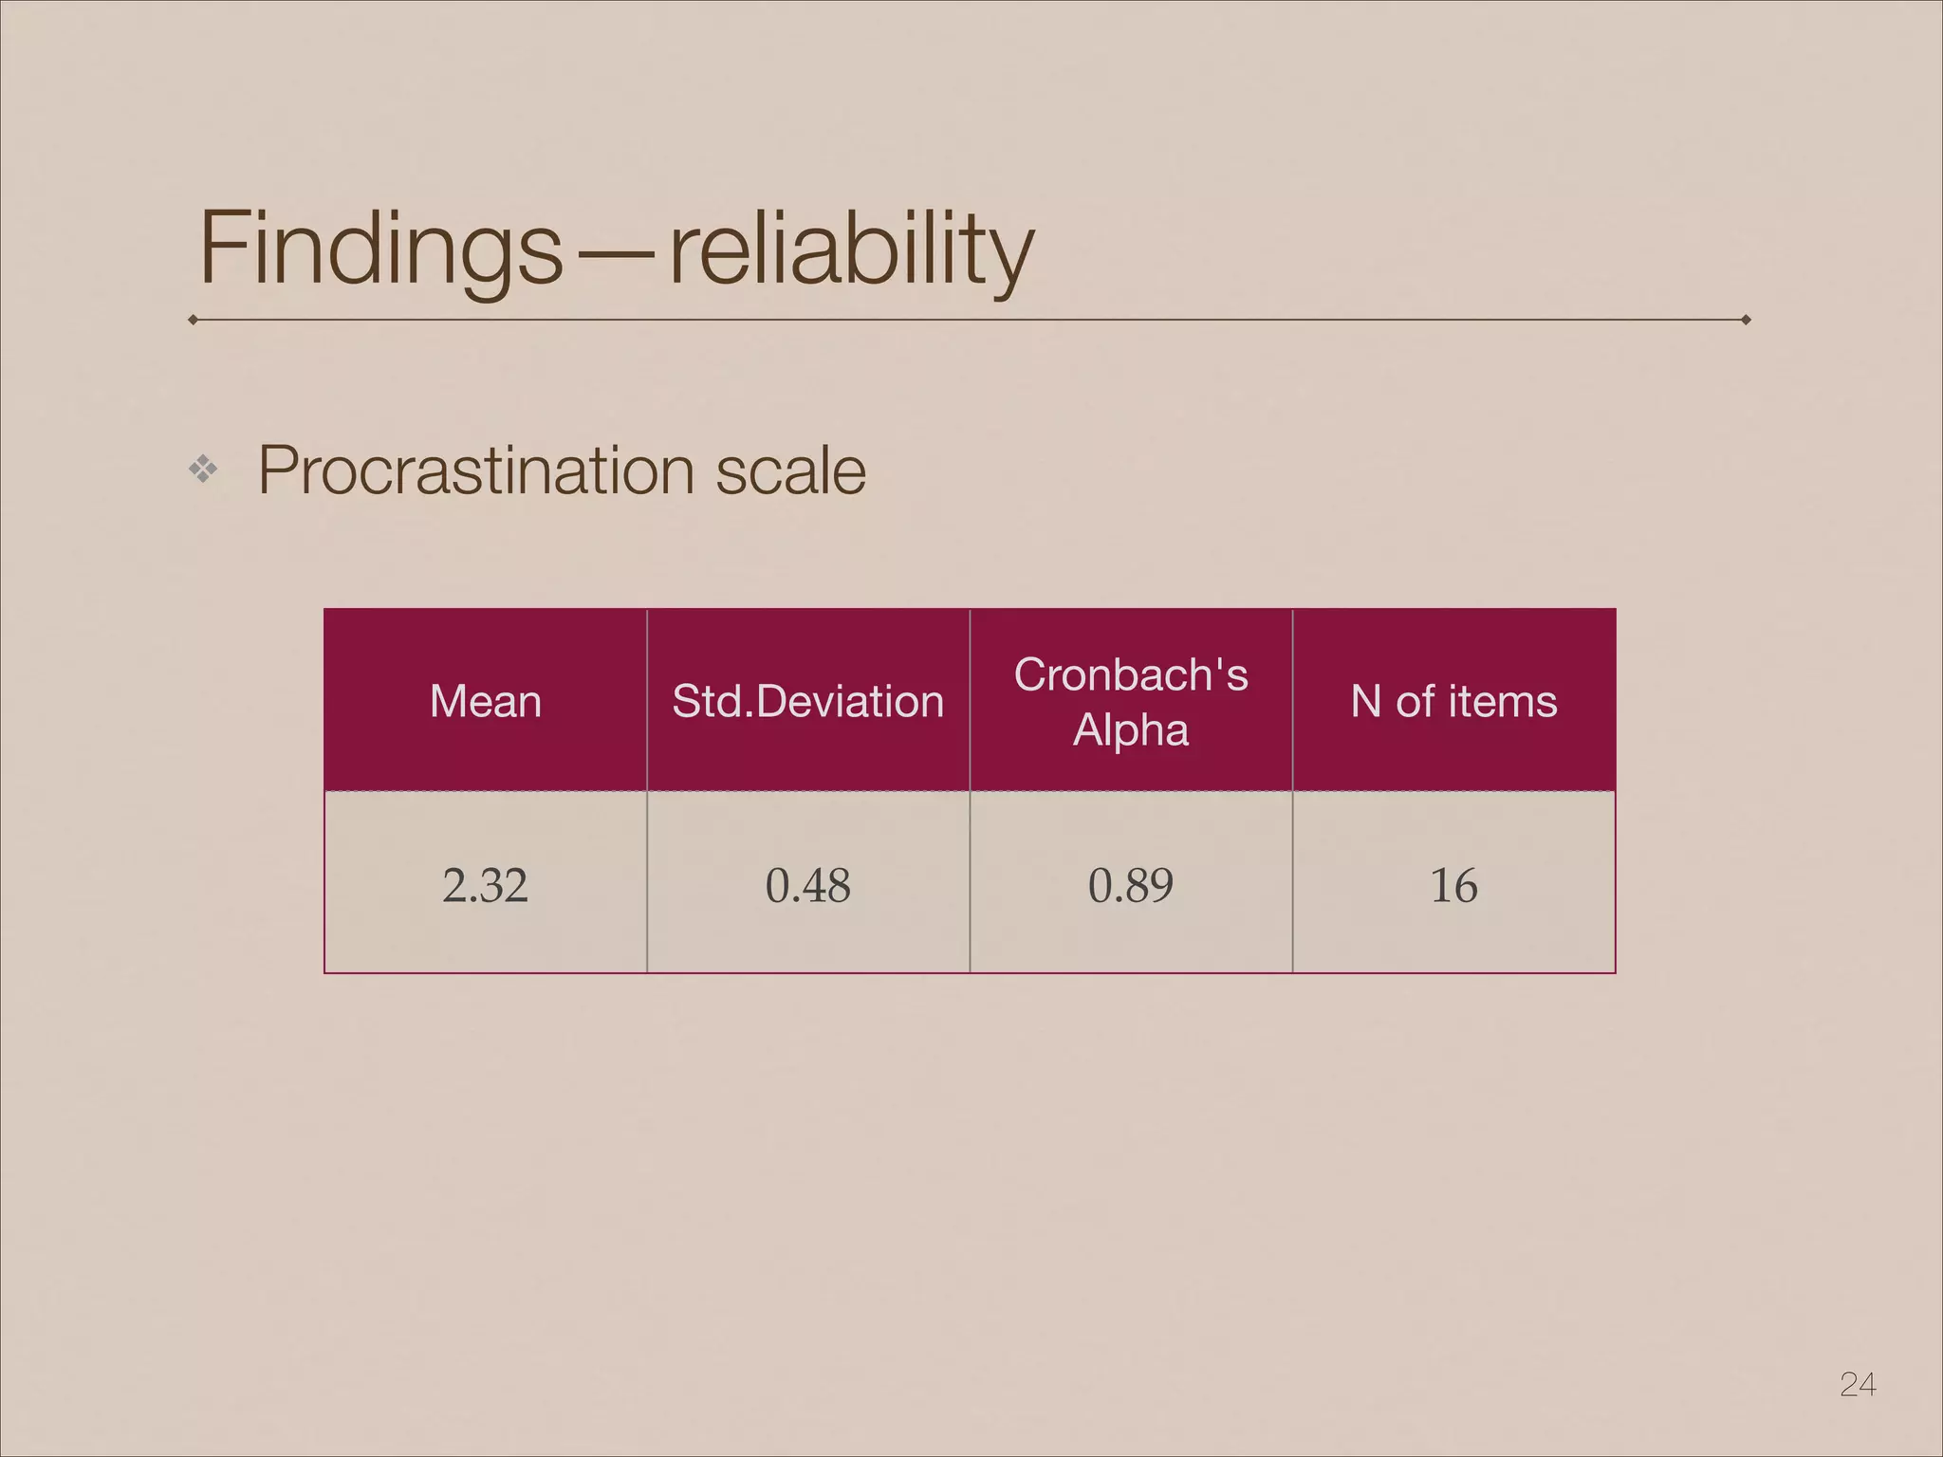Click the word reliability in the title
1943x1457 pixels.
pos(851,249)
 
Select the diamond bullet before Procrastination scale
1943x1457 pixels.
pos(203,469)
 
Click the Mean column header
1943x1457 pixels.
pos(486,702)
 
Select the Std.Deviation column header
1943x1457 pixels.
pos(808,702)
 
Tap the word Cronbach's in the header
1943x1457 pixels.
pos(1131,674)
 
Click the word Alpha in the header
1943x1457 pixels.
pos(1131,729)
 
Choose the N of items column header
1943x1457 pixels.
pos(1453,702)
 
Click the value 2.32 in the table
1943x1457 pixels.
pos(485,885)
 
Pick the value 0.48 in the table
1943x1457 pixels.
pos(808,885)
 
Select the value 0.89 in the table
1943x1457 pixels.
pos(1131,885)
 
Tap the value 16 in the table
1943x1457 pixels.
pos(1453,885)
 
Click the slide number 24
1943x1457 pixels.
pos(1858,1384)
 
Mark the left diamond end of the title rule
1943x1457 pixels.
pos(194,320)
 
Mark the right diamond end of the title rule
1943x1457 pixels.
pos(1746,320)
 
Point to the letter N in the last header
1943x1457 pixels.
pos(1366,702)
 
